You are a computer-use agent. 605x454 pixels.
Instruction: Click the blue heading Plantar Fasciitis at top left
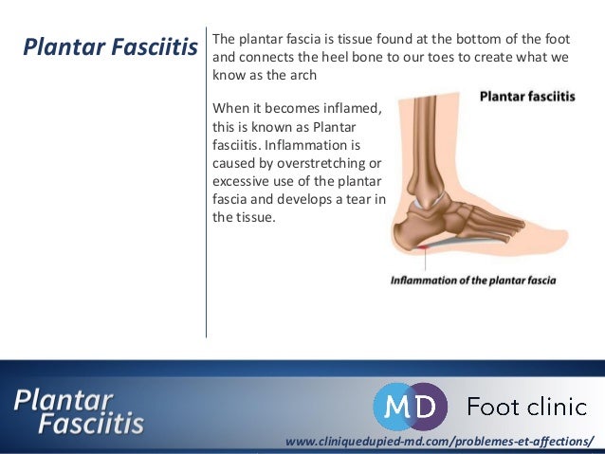click(109, 46)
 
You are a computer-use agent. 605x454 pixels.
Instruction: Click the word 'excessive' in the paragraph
click(242, 182)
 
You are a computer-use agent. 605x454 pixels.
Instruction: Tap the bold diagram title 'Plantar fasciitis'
click(526, 97)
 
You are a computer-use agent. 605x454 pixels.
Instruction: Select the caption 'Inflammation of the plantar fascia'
click(473, 281)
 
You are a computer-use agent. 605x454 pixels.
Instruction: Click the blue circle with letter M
click(396, 407)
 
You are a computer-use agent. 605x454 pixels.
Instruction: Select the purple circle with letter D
click(426, 407)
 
